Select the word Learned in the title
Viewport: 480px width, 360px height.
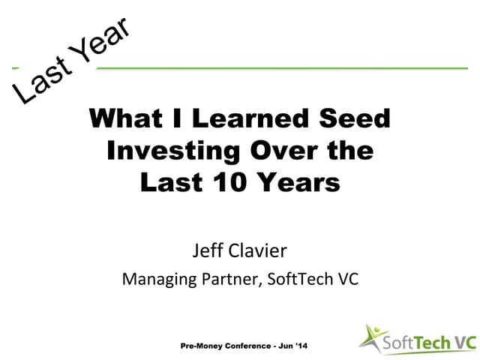click(x=249, y=119)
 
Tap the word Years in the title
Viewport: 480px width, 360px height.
click(x=298, y=181)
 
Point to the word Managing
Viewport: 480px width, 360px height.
click(x=158, y=280)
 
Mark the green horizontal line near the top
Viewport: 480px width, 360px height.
click(x=285, y=68)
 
